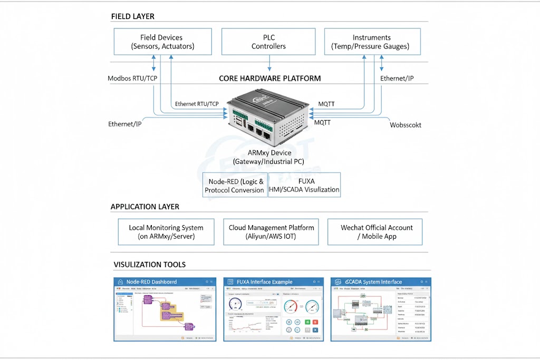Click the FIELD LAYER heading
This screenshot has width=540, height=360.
click(x=132, y=16)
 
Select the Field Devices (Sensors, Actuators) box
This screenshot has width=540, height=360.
click(x=162, y=42)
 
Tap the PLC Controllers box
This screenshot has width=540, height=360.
click(x=268, y=42)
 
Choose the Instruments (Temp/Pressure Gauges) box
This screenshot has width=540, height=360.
click(x=372, y=42)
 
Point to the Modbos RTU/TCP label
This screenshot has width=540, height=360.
click(x=132, y=79)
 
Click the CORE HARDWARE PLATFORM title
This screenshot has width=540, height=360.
click(x=269, y=79)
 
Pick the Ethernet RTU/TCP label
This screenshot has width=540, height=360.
click(x=197, y=104)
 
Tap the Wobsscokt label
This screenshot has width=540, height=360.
click(x=406, y=125)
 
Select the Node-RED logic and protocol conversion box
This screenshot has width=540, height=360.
click(x=235, y=185)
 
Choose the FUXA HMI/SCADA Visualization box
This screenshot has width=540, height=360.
click(x=304, y=185)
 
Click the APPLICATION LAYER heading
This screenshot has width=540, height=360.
click(x=144, y=207)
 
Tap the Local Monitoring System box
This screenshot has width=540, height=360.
click(x=166, y=232)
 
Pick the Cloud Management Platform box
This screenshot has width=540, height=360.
click(x=271, y=232)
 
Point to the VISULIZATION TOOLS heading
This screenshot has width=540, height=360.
click(x=149, y=265)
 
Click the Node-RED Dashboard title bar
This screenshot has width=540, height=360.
click(x=165, y=282)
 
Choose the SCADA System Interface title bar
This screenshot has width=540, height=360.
click(x=380, y=282)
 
